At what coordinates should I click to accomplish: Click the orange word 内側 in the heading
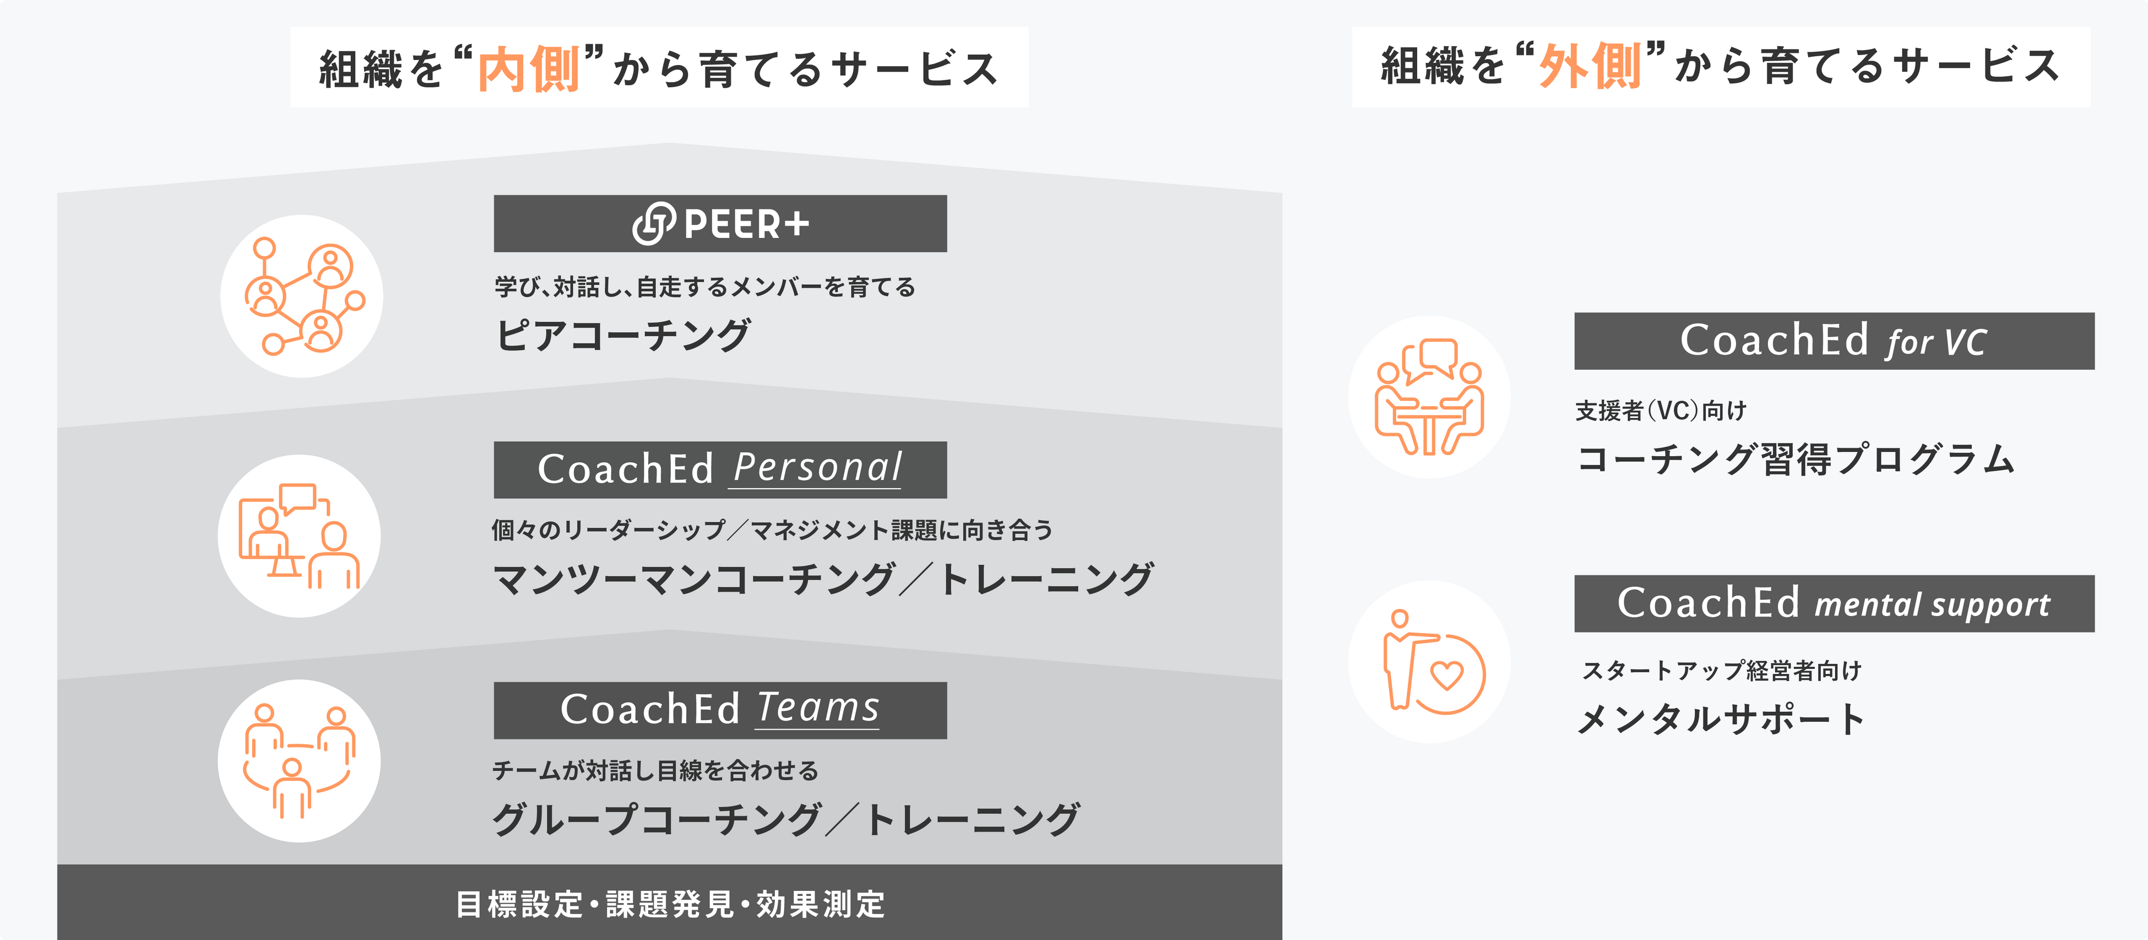tap(529, 68)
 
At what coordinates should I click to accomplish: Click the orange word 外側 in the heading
tap(1590, 66)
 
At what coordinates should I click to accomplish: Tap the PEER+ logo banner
tap(720, 224)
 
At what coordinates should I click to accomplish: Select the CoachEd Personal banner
tap(720, 469)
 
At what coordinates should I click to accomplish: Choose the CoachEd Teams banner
tap(720, 710)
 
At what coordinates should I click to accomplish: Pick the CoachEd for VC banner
tap(1834, 341)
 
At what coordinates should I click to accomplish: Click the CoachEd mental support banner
tap(1834, 603)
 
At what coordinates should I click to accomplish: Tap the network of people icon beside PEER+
tap(302, 296)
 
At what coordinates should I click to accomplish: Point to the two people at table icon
tap(1429, 397)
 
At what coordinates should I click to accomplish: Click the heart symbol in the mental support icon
tap(1447, 675)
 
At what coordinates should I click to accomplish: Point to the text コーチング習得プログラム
tap(1796, 460)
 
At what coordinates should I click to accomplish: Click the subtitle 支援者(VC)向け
tap(1660, 410)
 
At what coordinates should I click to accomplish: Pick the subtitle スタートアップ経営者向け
tap(1722, 671)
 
